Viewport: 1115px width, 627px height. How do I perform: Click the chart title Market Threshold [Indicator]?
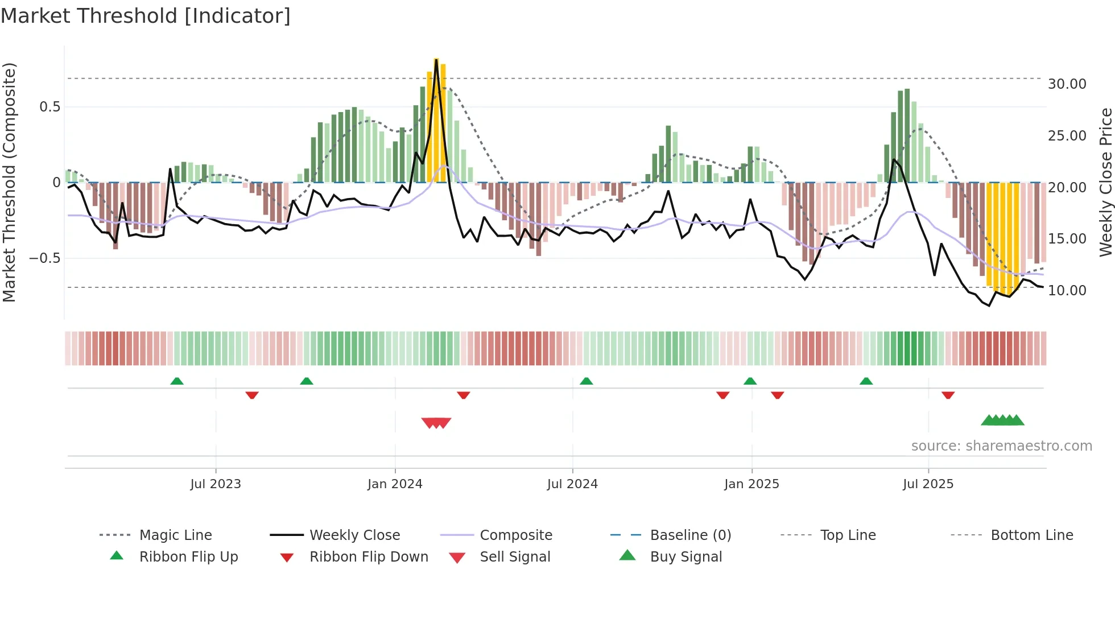click(146, 16)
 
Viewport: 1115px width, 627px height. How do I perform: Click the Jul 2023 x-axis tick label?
click(216, 484)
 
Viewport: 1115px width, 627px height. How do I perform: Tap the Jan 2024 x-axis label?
click(395, 484)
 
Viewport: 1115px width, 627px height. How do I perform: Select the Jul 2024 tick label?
click(572, 484)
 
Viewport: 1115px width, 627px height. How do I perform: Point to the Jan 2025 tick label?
click(751, 484)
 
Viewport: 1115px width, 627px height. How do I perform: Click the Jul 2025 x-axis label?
click(928, 484)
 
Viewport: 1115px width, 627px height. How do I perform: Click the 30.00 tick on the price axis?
click(1067, 84)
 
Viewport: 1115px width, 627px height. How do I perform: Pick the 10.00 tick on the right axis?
click(1067, 291)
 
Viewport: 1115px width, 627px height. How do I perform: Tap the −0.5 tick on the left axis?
click(44, 258)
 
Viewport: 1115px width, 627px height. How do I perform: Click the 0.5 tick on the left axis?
click(49, 107)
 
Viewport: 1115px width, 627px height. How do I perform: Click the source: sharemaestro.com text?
click(1001, 446)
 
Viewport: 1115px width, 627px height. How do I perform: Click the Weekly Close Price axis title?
click(1105, 182)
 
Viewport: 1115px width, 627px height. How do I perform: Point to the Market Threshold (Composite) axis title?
click(9, 182)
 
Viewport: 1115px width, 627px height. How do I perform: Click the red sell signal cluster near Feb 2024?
click(436, 423)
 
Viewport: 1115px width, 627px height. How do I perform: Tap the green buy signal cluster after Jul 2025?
click(1002, 420)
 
